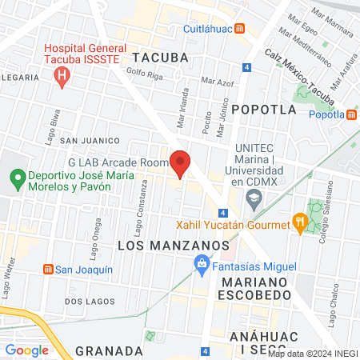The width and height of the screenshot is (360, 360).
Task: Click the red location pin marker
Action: (x=180, y=162)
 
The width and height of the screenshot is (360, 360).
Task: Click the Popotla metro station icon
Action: (x=352, y=114)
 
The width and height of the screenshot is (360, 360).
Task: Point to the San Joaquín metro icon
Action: (x=48, y=268)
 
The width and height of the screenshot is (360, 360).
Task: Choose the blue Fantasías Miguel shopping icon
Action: (x=202, y=265)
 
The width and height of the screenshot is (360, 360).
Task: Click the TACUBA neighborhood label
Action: (x=160, y=58)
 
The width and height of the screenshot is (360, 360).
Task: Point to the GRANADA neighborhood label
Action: (x=109, y=350)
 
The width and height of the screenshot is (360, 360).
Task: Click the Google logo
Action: (x=26, y=350)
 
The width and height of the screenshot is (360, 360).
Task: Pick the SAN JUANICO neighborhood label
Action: (x=89, y=140)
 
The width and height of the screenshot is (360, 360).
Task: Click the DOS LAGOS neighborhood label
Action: (x=85, y=302)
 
